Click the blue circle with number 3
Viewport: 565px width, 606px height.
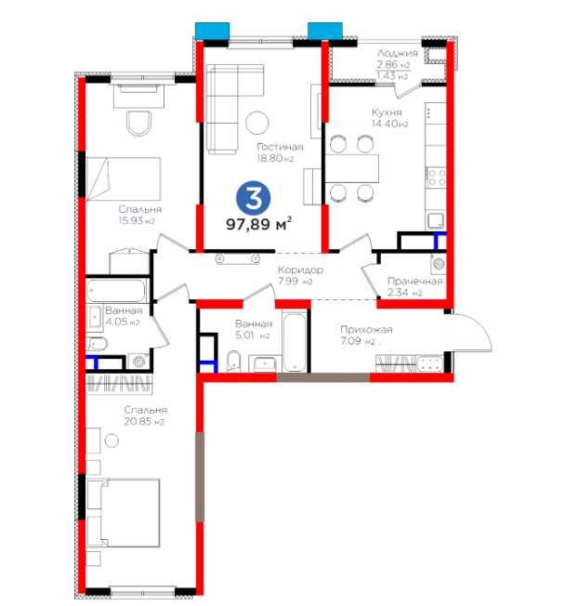click(x=253, y=198)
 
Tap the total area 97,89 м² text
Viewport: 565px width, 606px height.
click(x=258, y=224)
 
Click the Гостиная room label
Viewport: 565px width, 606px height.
click(x=280, y=147)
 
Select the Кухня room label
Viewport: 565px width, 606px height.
click(x=387, y=112)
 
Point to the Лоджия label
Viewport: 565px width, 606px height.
click(x=398, y=53)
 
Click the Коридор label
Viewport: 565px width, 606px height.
click(x=300, y=270)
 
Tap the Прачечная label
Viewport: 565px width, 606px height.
click(x=415, y=281)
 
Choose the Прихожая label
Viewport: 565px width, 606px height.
click(x=366, y=330)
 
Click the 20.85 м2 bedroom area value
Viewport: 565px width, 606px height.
click(x=144, y=421)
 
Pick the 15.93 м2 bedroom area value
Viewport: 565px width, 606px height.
click(x=137, y=220)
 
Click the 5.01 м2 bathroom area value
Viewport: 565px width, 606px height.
click(x=253, y=336)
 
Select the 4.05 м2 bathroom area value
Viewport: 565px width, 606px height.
click(x=123, y=322)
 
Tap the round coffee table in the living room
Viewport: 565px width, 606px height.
click(x=257, y=123)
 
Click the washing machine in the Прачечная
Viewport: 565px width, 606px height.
click(x=439, y=264)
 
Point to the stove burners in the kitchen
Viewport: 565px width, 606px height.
click(x=437, y=178)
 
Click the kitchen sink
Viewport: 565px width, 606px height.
click(x=437, y=220)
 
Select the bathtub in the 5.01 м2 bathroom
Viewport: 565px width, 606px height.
click(x=295, y=343)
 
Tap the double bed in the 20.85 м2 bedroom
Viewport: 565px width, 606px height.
click(x=124, y=513)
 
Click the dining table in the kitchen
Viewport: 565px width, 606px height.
click(x=352, y=168)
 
